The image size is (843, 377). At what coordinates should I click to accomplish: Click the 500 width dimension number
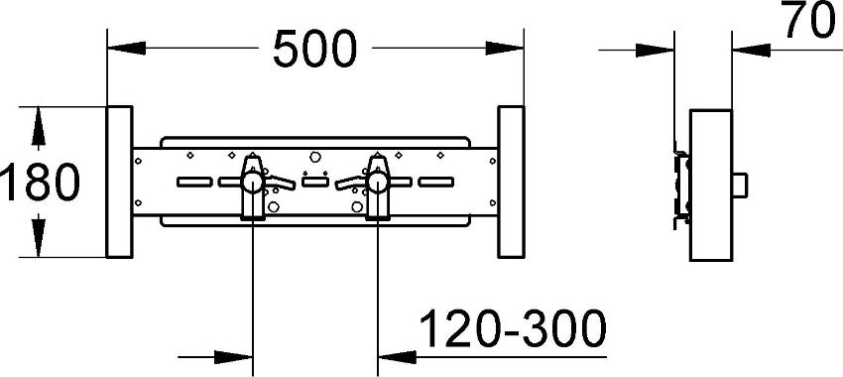pyautogui.click(x=314, y=49)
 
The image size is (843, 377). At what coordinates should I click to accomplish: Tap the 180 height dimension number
pyautogui.click(x=41, y=183)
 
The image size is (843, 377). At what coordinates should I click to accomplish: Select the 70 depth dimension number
pyautogui.click(x=810, y=20)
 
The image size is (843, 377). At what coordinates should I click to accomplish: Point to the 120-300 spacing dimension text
pyautogui.click(x=513, y=328)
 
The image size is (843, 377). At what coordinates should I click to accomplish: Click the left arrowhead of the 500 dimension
pyautogui.click(x=126, y=48)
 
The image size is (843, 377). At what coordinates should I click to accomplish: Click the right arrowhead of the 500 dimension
pyautogui.click(x=504, y=48)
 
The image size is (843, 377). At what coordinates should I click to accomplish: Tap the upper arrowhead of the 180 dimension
pyautogui.click(x=38, y=125)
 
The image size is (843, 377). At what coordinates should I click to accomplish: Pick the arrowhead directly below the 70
pyautogui.click(x=751, y=51)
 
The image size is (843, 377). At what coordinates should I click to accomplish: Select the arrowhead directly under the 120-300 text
pyautogui.click(x=398, y=356)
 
